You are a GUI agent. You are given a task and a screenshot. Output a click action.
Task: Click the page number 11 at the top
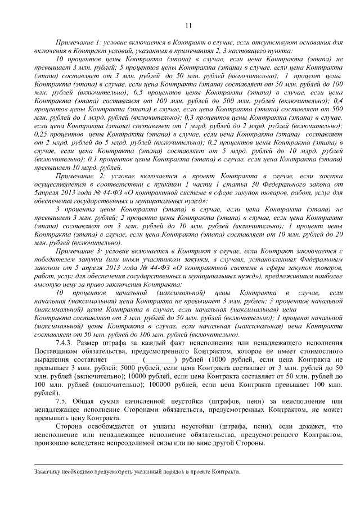click(188, 25)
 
